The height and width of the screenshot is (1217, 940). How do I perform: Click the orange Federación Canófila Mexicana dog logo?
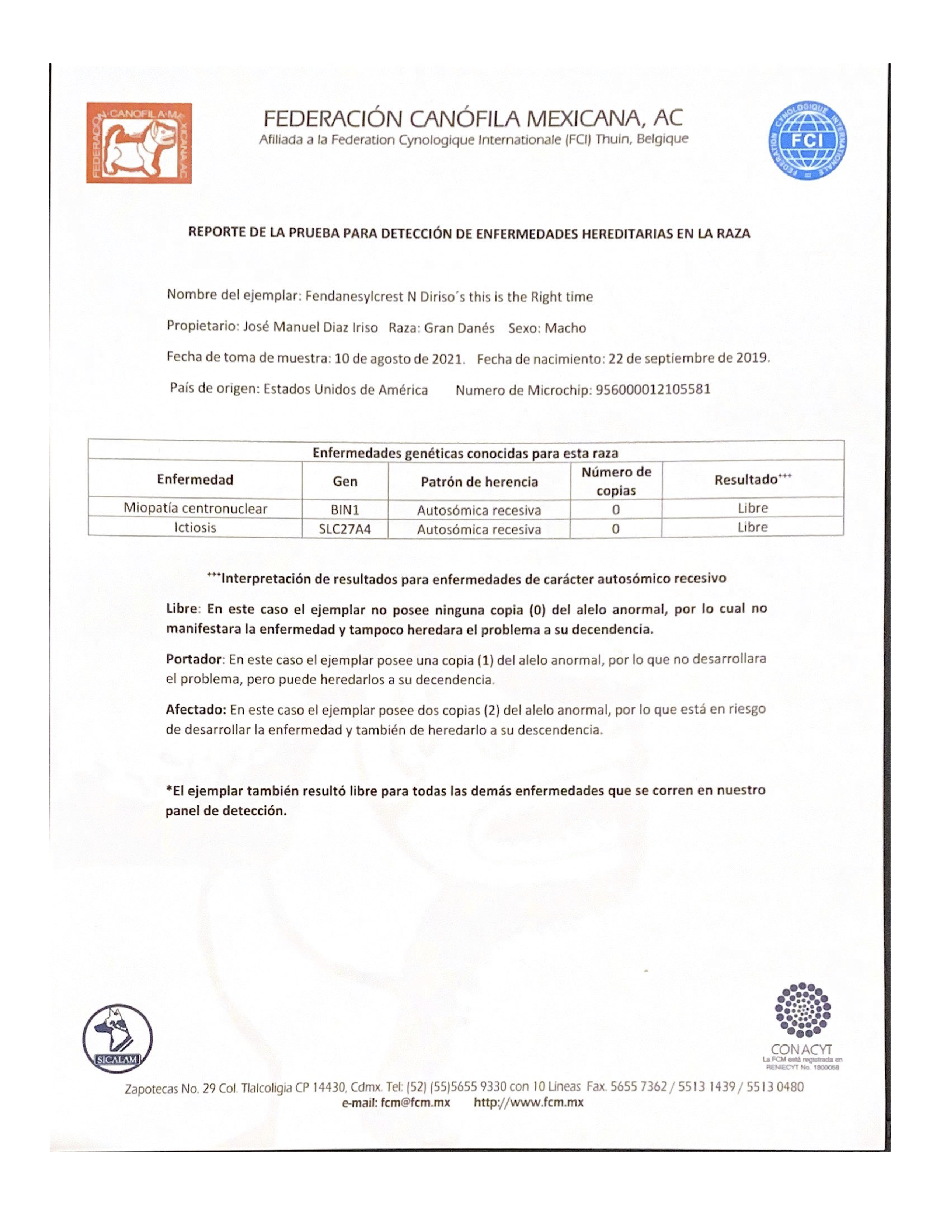(139, 143)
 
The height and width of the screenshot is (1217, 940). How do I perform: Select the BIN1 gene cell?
(345, 509)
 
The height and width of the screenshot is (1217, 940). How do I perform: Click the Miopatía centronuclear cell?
(195, 508)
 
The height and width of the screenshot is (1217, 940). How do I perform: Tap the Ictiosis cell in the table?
(195, 527)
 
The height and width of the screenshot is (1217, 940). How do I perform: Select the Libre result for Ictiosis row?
(752, 527)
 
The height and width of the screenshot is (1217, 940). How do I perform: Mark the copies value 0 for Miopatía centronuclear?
(615, 509)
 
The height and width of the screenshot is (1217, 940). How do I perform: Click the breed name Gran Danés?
(459, 328)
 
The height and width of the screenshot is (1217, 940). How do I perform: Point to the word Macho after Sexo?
(565, 328)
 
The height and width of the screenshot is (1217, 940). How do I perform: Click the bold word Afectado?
(195, 710)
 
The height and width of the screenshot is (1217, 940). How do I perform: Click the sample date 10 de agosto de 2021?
(399, 359)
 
